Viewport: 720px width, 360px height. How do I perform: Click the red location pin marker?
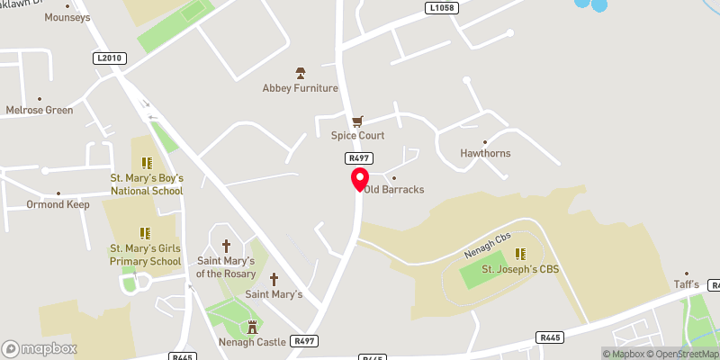[360, 178]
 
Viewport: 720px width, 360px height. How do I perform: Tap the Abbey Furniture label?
[300, 88]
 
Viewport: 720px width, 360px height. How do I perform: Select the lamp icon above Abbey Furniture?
[301, 72]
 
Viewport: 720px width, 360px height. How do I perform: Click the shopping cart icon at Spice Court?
[357, 120]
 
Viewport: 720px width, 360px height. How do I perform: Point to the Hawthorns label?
[484, 153]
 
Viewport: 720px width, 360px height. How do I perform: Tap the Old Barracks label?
[394, 190]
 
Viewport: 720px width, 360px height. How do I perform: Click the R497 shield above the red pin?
[354, 157]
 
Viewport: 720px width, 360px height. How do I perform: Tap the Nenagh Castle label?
[252, 341]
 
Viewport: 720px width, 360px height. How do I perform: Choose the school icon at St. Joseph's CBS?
[519, 254]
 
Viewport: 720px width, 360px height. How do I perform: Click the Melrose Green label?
[39, 110]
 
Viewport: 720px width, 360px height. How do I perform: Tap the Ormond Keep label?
[58, 204]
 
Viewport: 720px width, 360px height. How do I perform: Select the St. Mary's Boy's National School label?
[146, 184]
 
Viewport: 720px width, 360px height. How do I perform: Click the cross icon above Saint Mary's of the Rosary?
[226, 246]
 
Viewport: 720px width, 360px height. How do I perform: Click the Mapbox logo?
[39, 348]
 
